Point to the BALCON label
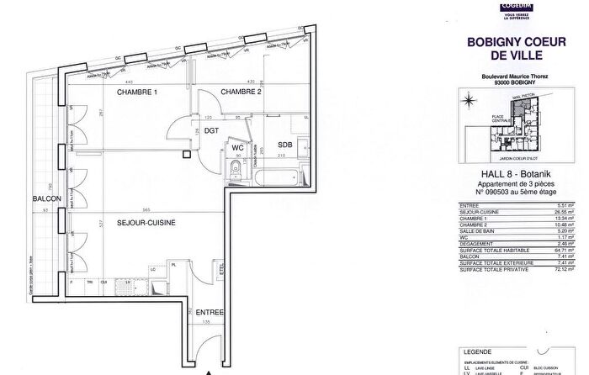pyautogui.click(x=44, y=198)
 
